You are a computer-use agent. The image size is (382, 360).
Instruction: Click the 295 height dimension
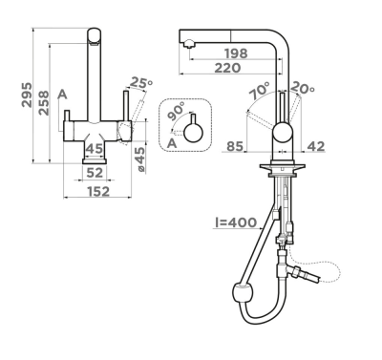(27, 95)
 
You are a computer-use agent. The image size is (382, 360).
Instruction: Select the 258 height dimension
(43, 103)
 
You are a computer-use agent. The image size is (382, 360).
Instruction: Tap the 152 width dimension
(98, 192)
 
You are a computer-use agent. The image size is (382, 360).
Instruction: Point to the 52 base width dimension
(95, 173)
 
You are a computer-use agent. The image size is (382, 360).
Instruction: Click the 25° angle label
(141, 83)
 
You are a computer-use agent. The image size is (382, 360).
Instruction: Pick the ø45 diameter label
(140, 159)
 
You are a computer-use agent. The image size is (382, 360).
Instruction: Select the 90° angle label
(176, 111)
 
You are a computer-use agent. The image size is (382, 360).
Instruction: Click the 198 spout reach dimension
(236, 53)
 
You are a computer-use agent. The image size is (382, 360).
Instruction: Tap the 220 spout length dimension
(227, 68)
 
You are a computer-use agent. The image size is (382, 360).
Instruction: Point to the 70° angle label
(260, 90)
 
